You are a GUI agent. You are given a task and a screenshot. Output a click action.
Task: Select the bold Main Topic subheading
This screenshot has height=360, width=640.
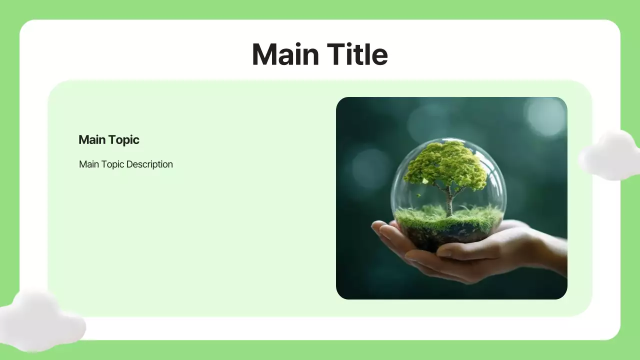108,140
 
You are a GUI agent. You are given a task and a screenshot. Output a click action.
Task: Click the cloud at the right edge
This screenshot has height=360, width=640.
610,156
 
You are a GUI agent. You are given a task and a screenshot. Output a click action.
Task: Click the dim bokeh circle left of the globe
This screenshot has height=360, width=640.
370,167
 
